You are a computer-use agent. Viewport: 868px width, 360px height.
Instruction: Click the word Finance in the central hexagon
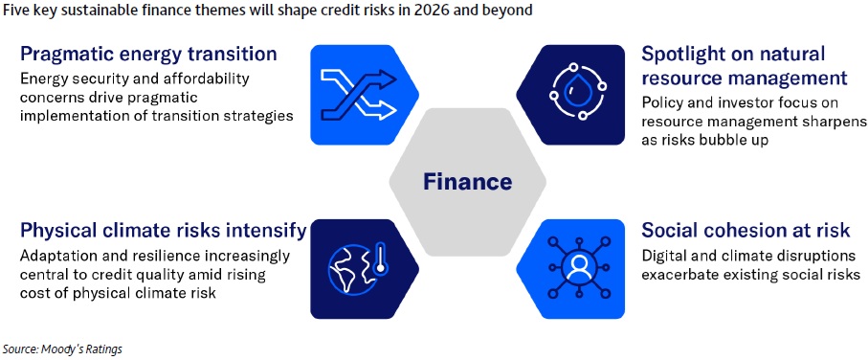(468, 182)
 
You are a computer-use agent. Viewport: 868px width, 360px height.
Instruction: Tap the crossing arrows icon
(359, 95)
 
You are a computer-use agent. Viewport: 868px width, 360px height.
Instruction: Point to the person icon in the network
(577, 269)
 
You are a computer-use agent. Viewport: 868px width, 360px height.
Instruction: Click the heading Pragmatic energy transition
(148, 55)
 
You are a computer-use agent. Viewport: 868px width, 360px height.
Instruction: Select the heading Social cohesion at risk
(746, 230)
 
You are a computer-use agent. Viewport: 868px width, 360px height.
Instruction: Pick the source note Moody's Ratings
(62, 349)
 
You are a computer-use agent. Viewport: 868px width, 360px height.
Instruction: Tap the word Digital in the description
(665, 257)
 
